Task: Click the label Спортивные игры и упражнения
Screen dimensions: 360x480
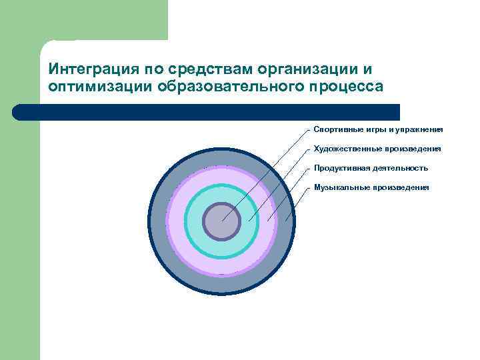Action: (378, 129)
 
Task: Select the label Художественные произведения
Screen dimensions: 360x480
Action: (377, 149)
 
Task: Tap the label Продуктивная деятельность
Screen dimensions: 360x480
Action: (371, 168)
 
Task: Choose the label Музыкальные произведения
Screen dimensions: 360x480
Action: (371, 187)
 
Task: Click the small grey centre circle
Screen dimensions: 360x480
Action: (221, 222)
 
